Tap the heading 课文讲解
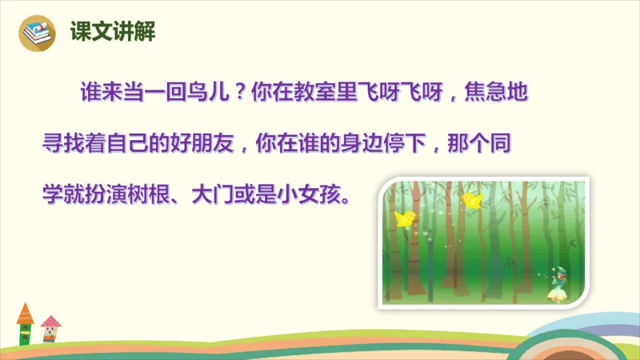102,32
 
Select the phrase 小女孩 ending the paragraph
322,194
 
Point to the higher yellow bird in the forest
470,198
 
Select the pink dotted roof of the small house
50,322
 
